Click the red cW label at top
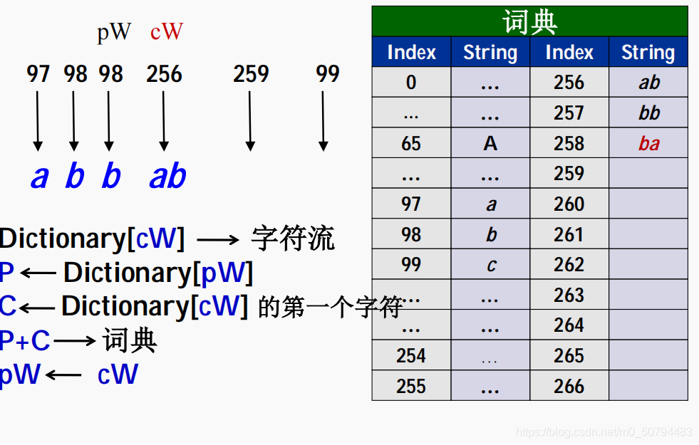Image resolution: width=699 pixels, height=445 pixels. coord(167,32)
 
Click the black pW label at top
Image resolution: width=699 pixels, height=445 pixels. coord(114,32)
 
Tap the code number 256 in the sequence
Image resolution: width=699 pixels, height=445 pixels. coord(164,73)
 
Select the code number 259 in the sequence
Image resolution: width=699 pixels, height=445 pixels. coord(251,73)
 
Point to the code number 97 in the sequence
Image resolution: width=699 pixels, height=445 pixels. coord(38,73)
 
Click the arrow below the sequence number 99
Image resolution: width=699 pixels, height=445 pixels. coord(323,121)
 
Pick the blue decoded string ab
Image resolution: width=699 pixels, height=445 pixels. coord(167,177)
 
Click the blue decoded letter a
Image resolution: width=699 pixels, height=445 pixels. coord(38,177)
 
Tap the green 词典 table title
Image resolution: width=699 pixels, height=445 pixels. coord(529,21)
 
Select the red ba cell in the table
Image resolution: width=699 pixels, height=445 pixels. coord(648,143)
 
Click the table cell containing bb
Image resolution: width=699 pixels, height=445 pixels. coord(648,112)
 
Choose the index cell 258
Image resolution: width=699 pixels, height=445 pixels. coord(569,143)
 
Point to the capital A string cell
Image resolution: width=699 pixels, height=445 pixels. coord(490,143)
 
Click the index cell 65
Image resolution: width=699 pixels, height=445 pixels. coord(411,143)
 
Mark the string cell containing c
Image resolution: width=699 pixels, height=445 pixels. coord(490,265)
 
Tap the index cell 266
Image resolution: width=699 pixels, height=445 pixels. coord(569,386)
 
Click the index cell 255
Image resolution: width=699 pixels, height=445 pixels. coord(411,386)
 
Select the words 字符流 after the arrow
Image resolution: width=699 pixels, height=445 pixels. coord(292,239)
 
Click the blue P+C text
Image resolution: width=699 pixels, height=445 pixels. coord(25,341)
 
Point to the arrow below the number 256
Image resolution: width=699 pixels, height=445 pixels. coord(164,121)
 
